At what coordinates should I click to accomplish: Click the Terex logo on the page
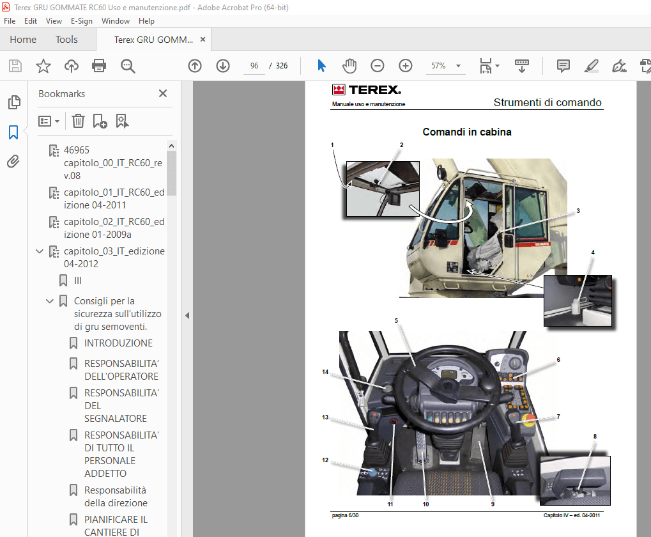tap(366, 90)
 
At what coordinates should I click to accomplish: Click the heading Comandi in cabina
tap(467, 132)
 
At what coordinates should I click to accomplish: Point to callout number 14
tap(325, 371)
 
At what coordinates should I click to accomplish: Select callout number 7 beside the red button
tap(558, 417)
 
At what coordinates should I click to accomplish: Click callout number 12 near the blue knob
tap(325, 460)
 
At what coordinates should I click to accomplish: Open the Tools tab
tap(66, 40)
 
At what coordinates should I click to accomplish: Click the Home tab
tap(23, 40)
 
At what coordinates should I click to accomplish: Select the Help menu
tap(146, 21)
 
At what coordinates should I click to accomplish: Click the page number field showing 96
tap(254, 66)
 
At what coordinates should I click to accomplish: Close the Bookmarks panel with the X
tap(163, 93)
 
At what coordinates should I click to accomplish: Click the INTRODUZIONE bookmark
tap(118, 343)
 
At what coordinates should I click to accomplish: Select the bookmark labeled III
tap(78, 281)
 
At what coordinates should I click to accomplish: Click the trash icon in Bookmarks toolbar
tap(78, 121)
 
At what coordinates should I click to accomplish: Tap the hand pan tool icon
tap(349, 66)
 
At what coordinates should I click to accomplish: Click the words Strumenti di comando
tap(548, 102)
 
